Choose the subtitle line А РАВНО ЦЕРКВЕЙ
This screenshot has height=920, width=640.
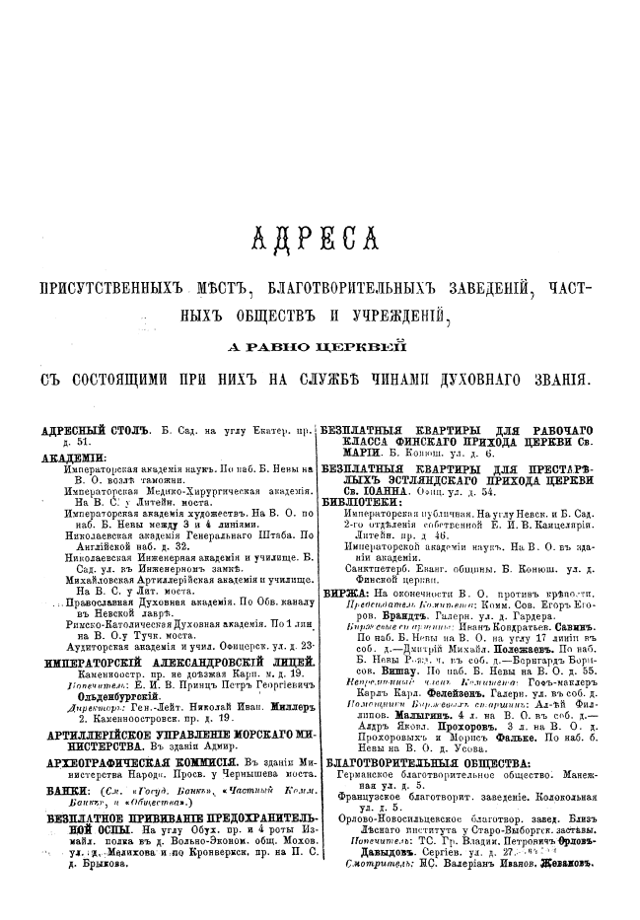click(317, 343)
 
